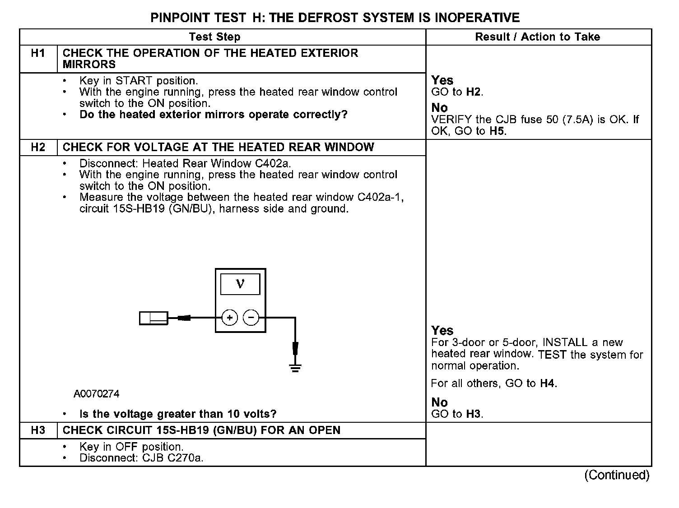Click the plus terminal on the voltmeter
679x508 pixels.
tap(229, 318)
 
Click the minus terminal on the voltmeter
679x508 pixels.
tap(251, 318)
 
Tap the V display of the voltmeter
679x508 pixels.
tap(240, 284)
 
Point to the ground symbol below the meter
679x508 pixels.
tap(295, 368)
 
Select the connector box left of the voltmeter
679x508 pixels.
tap(153, 318)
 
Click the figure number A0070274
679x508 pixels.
tap(97, 394)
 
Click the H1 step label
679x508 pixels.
tap(38, 53)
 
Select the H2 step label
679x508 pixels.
tap(38, 147)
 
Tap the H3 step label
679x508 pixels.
tap(38, 430)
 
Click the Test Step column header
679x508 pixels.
tap(215, 37)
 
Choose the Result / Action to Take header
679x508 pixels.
tap(538, 37)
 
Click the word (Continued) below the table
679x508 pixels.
tap(617, 475)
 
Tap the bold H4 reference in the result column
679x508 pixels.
tap(548, 383)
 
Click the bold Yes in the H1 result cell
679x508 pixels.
tap(442, 80)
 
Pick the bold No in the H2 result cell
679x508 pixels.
tap(439, 402)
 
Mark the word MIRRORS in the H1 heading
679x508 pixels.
tap(89, 64)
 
